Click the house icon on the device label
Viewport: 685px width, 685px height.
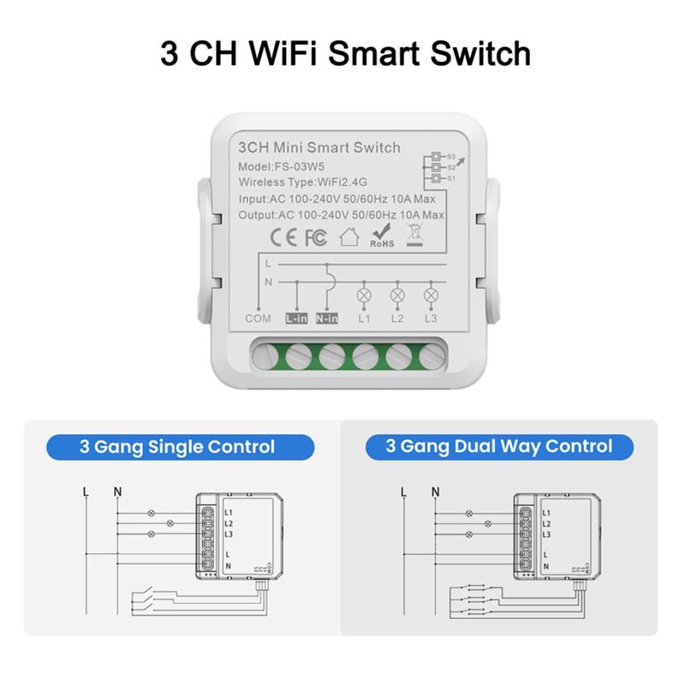click(x=348, y=236)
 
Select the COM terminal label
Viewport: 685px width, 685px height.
click(x=258, y=319)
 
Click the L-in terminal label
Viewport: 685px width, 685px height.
click(x=295, y=319)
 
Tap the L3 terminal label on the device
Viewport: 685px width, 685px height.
click(x=430, y=319)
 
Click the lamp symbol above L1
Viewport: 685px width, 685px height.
click(x=364, y=295)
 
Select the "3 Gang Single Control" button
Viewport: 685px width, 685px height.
click(x=177, y=446)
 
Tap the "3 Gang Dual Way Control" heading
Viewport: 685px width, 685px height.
click(x=501, y=446)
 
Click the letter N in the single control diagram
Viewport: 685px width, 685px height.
click(x=118, y=491)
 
